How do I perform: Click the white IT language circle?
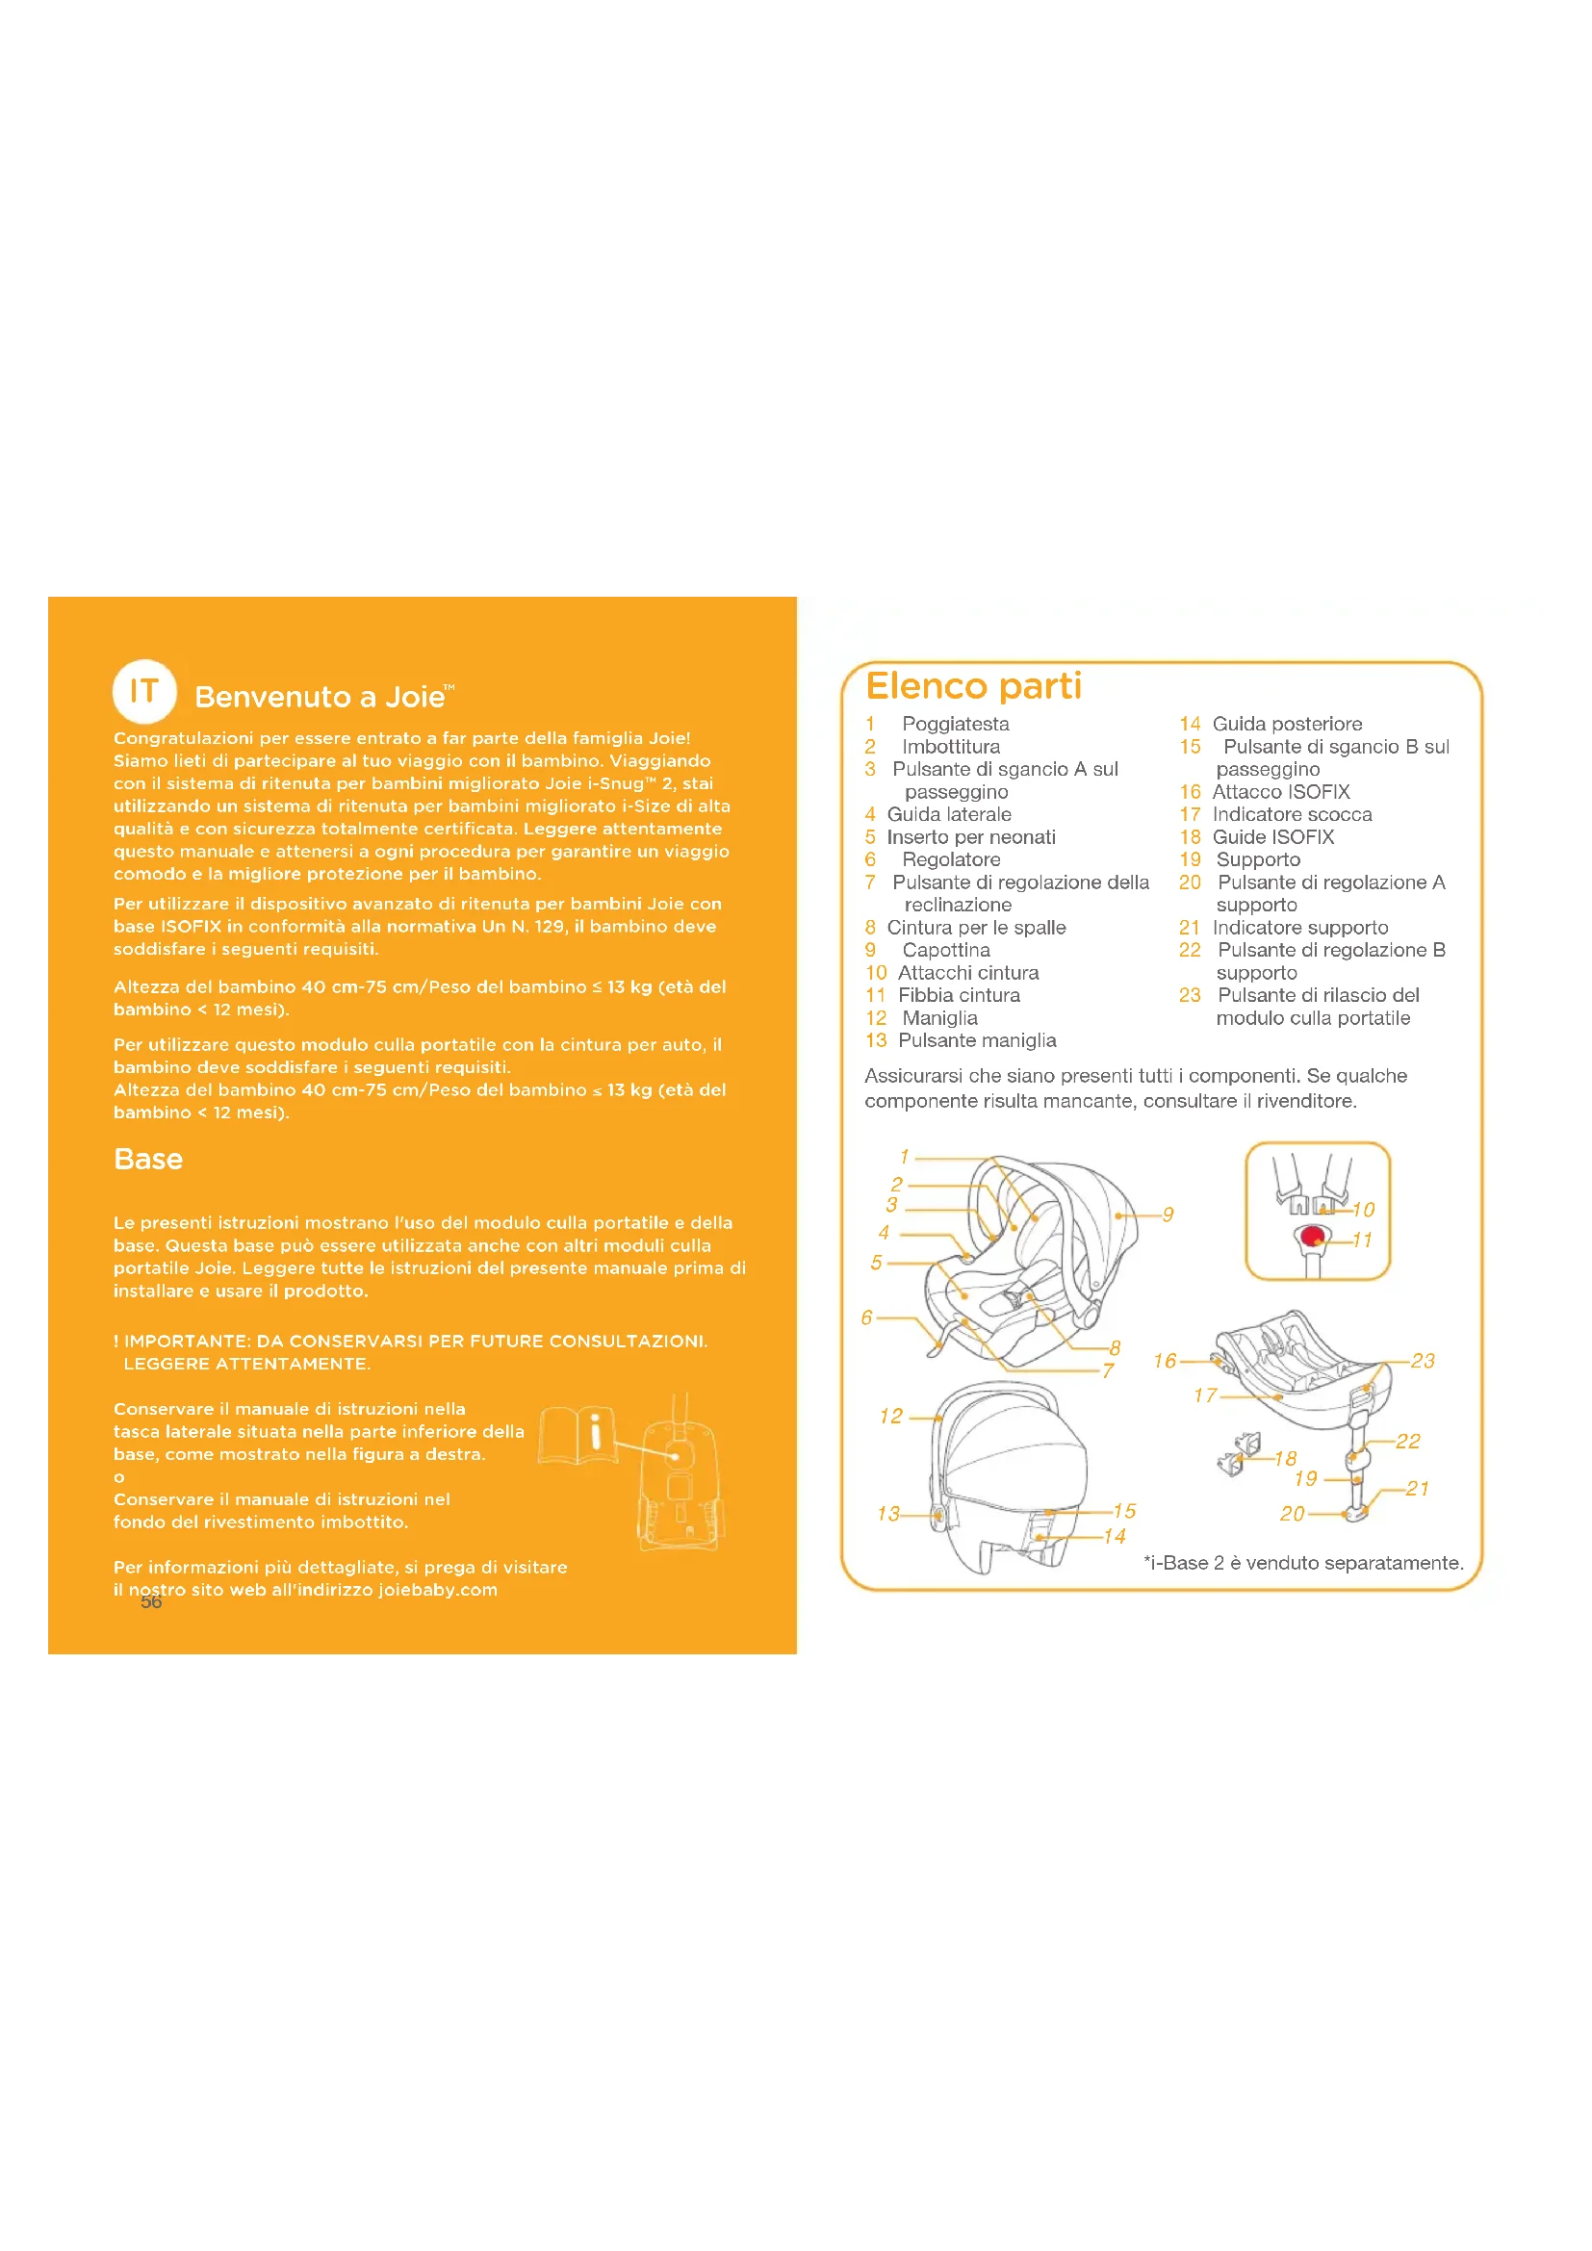click(x=144, y=691)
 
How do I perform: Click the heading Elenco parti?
click(x=973, y=686)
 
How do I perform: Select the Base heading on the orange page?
click(x=148, y=1159)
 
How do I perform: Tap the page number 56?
click(x=151, y=1602)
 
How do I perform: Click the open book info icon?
click(x=578, y=1436)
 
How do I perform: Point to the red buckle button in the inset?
click(x=1312, y=1236)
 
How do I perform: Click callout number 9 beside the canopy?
click(x=1168, y=1215)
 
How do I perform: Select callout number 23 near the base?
click(x=1423, y=1361)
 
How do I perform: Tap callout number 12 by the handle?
click(x=890, y=1416)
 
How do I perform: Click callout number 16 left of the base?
click(x=1165, y=1361)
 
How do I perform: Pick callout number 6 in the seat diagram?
click(x=866, y=1317)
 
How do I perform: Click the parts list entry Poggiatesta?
click(x=955, y=725)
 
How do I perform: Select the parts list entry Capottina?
click(x=946, y=950)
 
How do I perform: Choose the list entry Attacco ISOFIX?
click(x=1280, y=792)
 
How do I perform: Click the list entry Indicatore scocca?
click(x=1291, y=815)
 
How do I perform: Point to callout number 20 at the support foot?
click(x=1292, y=1514)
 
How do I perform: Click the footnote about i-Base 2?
click(x=1303, y=1563)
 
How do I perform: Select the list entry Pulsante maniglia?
click(x=976, y=1040)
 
